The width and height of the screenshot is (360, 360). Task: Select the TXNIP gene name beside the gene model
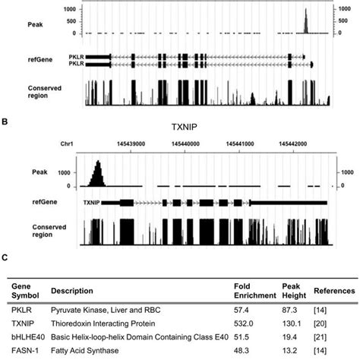91,203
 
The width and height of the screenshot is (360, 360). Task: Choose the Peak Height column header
292,290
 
